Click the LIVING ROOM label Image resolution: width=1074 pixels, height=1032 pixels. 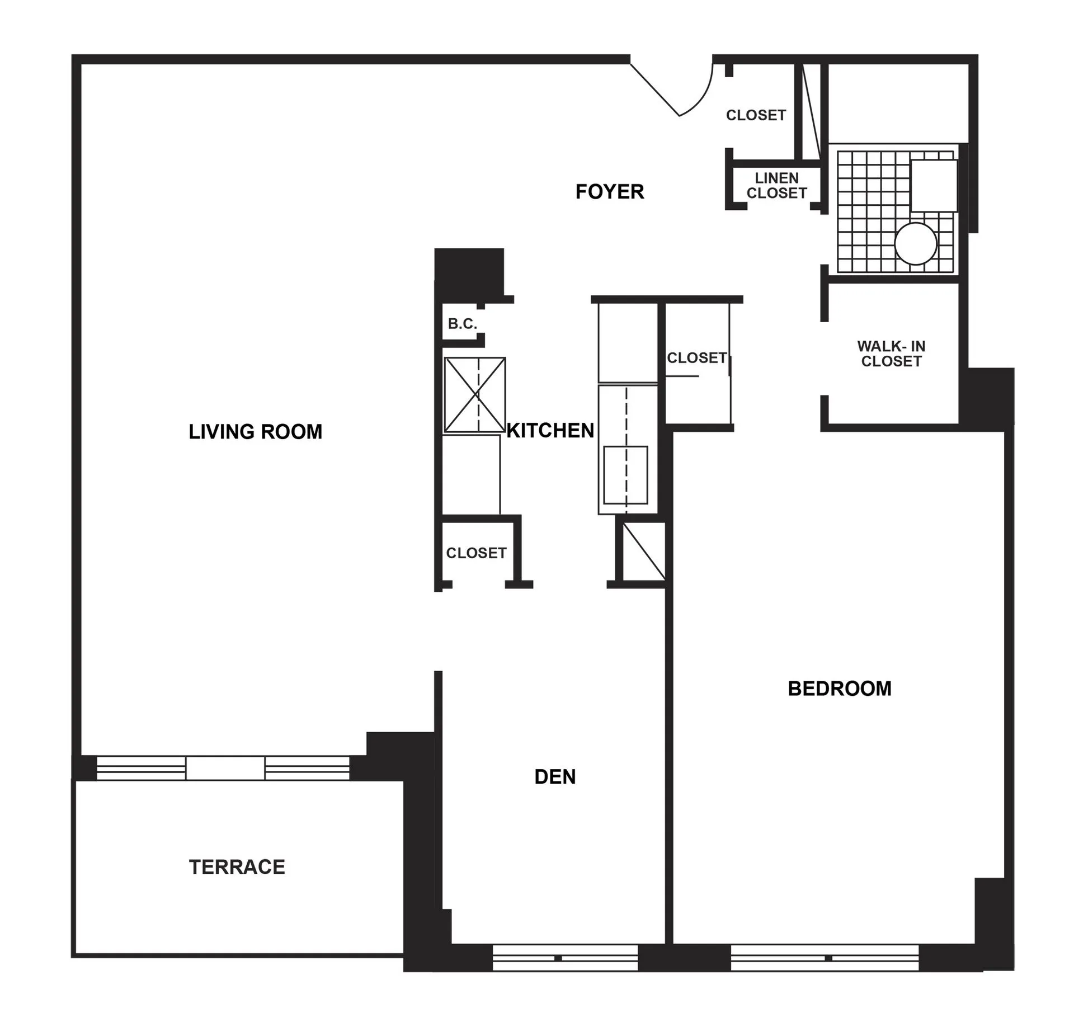coord(255,432)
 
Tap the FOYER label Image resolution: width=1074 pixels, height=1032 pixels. coord(609,192)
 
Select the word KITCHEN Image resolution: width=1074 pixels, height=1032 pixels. coord(550,430)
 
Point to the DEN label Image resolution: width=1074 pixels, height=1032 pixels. coord(554,776)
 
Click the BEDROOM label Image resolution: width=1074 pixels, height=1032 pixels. coord(839,689)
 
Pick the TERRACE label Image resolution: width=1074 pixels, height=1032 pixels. coord(237,867)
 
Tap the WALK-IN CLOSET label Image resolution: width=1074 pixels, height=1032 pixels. coord(891,354)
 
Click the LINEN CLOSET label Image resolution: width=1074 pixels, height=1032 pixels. coord(776,186)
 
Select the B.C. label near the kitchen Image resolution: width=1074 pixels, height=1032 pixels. coord(462,324)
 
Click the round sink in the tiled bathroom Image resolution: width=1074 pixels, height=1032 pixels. coord(915,244)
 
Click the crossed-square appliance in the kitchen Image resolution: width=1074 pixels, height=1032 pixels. coord(475,395)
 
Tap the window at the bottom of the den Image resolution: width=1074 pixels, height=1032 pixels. coord(565,958)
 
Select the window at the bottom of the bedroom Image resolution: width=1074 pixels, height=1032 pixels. coord(825,958)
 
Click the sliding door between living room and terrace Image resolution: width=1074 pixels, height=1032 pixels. coord(224,768)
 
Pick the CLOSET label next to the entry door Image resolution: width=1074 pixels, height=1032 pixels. coord(756,115)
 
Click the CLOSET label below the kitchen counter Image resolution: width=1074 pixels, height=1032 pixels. coord(476,553)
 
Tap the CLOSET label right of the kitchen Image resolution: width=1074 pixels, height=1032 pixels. coord(696,358)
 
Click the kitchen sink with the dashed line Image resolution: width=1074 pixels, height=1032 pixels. coord(625,475)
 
